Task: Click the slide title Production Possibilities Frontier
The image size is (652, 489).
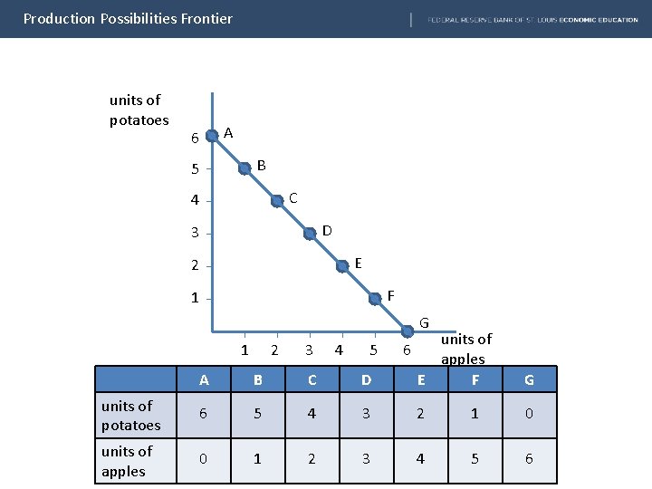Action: tap(128, 18)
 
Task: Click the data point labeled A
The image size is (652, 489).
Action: tap(212, 136)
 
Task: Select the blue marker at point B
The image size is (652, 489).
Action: tap(244, 168)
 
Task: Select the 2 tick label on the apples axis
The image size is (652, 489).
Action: tap(275, 350)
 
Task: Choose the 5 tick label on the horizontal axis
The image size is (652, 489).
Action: tap(373, 350)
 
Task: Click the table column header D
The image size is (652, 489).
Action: tap(366, 379)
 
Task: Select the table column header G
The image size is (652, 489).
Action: tap(529, 379)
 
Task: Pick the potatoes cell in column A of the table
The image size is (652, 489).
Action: tap(203, 414)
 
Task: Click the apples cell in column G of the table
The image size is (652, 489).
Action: tap(529, 459)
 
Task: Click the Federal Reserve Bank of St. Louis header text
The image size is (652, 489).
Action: tap(532, 19)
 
